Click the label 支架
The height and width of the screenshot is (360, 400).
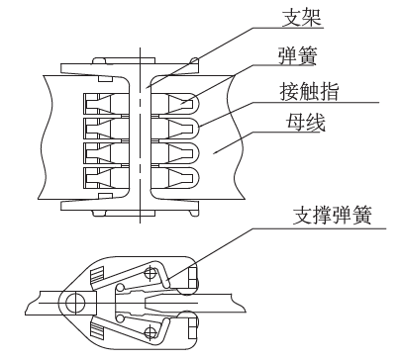coord(302,18)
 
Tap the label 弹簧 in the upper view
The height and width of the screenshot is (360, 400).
coord(297,56)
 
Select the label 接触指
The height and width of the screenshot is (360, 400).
coord(309,91)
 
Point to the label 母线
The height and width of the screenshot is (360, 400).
coord(305,123)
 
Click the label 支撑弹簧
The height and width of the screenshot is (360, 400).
coord(333,216)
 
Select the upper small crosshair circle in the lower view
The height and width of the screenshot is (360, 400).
coord(150,273)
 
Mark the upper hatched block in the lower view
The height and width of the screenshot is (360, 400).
coord(97,275)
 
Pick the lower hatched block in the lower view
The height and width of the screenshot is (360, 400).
coord(97,329)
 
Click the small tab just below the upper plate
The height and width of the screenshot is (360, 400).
coord(106,79)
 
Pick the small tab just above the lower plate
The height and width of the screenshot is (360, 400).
coord(106,197)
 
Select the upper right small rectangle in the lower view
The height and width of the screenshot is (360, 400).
coord(193,278)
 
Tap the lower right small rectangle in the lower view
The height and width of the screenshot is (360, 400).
coord(193,328)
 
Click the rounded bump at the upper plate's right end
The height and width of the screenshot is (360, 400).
coord(195,60)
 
